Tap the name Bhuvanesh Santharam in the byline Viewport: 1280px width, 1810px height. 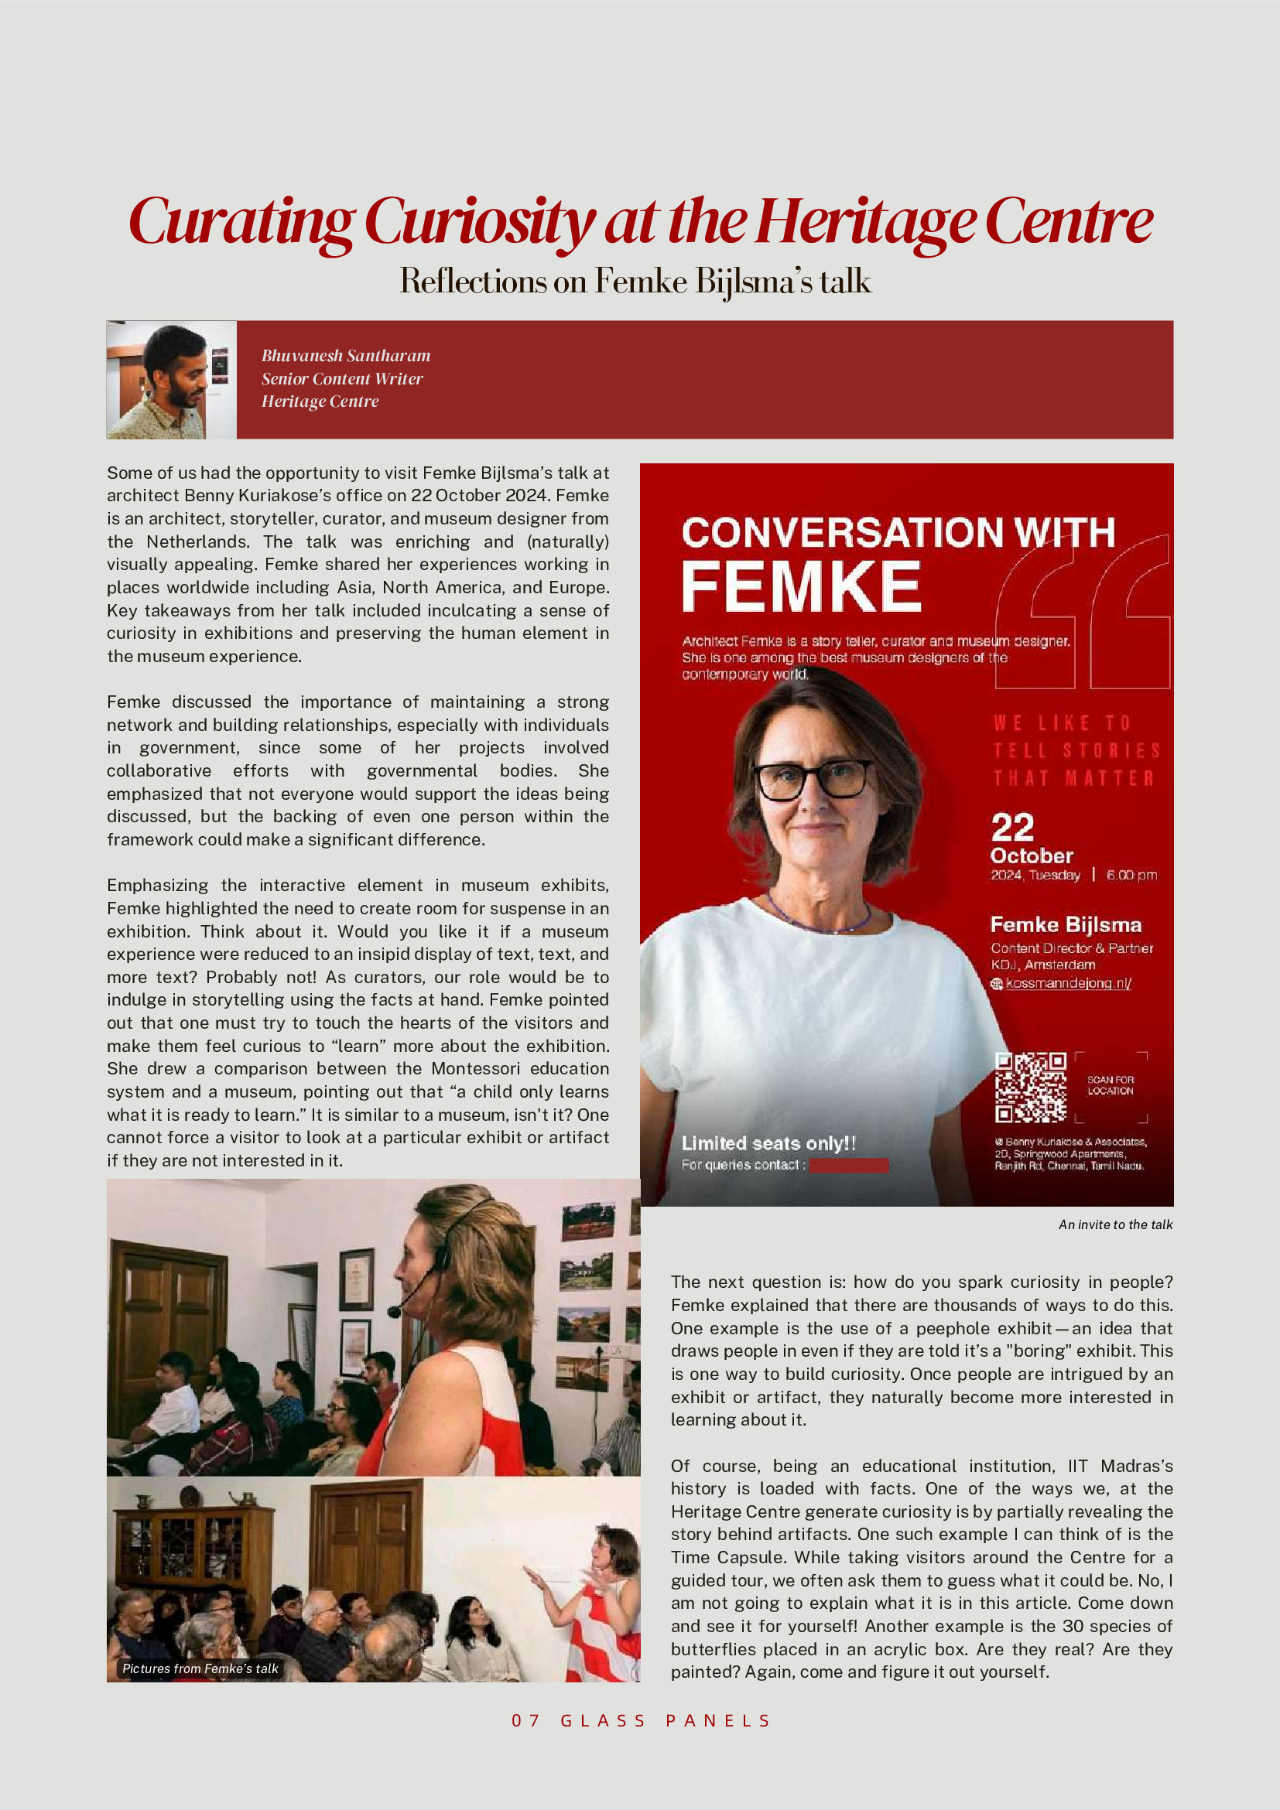[x=345, y=356]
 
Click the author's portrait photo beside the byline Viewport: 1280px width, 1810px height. [x=171, y=379]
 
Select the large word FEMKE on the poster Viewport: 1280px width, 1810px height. [x=800, y=586]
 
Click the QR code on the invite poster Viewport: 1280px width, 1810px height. [x=1030, y=1086]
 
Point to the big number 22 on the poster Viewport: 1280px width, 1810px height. [x=1012, y=827]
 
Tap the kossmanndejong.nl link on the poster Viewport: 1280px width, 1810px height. [x=1068, y=983]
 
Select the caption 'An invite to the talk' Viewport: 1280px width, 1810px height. [x=1115, y=1224]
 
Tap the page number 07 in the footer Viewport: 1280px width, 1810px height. [x=526, y=1720]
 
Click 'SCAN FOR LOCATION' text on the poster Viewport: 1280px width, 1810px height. [x=1110, y=1085]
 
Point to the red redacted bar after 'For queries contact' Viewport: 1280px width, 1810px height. [x=849, y=1165]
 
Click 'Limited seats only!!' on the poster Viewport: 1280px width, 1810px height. [x=768, y=1143]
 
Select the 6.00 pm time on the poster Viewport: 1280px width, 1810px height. [x=1131, y=875]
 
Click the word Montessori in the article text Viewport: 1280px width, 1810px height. [x=477, y=1068]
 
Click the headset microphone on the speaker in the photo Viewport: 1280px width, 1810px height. [x=395, y=1312]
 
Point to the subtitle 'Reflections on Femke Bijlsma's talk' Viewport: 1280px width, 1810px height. [x=635, y=282]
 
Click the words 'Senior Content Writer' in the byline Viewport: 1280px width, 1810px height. [x=342, y=378]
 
